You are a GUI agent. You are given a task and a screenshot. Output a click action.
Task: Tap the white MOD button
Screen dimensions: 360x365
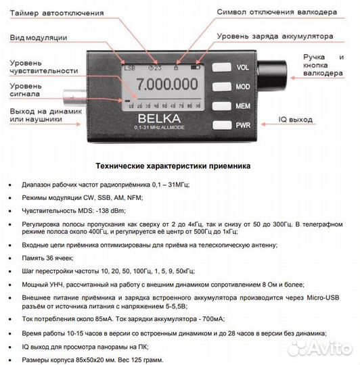221,86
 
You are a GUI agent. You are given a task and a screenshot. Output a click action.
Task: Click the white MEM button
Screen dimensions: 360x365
221,105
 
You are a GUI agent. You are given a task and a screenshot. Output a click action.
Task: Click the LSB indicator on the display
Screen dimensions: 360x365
129,68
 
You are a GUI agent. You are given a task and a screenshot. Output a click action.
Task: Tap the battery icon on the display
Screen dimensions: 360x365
196,68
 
